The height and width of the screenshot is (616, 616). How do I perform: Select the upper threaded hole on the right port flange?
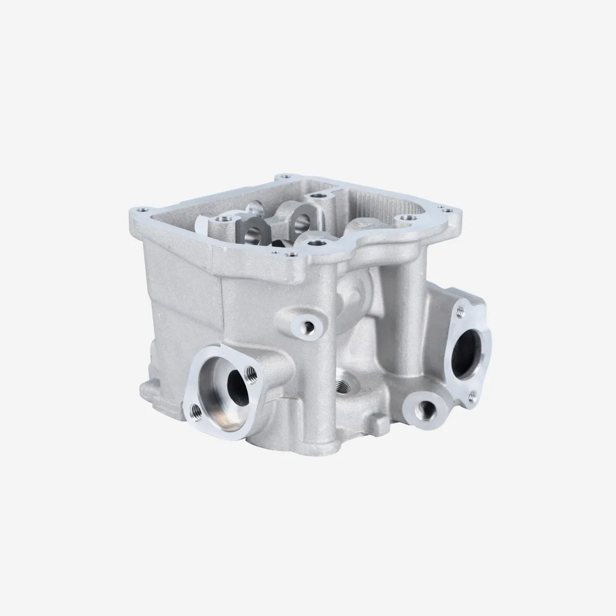[x=460, y=309]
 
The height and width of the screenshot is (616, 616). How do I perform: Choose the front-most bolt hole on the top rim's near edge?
[x=292, y=254]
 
